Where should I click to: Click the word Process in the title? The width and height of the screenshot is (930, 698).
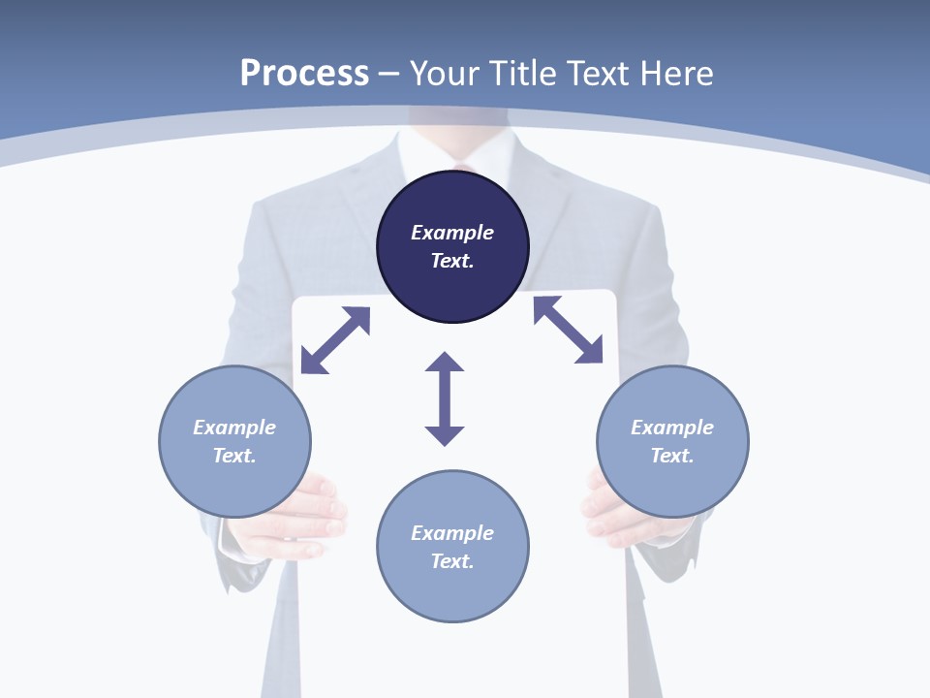pyautogui.click(x=304, y=74)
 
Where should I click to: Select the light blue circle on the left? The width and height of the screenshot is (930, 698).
pyautogui.click(x=234, y=485)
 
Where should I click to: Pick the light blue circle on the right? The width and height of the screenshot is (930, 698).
pyautogui.click(x=672, y=485)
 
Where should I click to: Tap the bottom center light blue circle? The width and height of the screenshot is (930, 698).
pyautogui.click(x=452, y=591)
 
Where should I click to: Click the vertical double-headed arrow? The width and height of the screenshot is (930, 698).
pyautogui.click(x=445, y=398)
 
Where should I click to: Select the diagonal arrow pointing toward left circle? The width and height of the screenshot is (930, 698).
pyautogui.click(x=335, y=340)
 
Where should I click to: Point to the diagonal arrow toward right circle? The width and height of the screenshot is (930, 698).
pyautogui.click(x=569, y=330)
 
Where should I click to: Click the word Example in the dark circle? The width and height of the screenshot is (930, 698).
pyautogui.click(x=452, y=233)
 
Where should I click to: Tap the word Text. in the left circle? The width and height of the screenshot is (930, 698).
pyautogui.click(x=234, y=456)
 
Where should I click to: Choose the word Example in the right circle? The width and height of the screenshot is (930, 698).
pyautogui.click(x=672, y=428)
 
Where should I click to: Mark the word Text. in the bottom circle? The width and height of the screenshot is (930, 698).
pyautogui.click(x=452, y=561)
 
